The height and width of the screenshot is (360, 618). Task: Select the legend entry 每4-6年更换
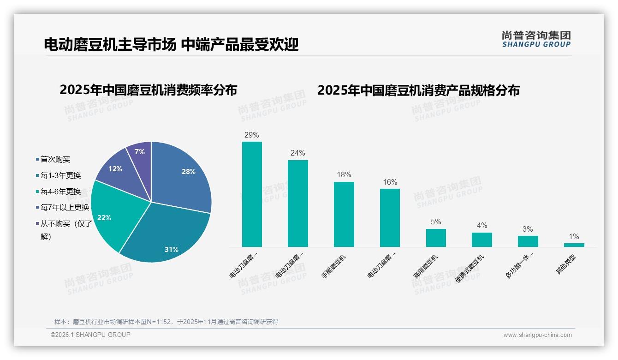coord(60,192)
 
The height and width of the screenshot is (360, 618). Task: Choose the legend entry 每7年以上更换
coord(65,207)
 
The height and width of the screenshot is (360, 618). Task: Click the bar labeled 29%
coord(252,194)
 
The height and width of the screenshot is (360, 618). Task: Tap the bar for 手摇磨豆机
coord(344,214)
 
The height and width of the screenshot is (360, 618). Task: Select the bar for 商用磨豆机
coord(436,238)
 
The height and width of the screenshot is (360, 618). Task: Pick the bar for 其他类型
coord(574,245)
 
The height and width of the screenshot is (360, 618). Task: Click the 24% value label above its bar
coord(297,153)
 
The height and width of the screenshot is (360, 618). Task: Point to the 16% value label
coord(390,182)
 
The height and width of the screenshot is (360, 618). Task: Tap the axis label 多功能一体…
coord(520,266)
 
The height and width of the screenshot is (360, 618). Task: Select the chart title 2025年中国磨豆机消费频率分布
coord(148,90)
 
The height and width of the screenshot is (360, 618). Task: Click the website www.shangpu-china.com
coord(537,335)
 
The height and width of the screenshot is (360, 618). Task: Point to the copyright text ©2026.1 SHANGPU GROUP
coord(90,335)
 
